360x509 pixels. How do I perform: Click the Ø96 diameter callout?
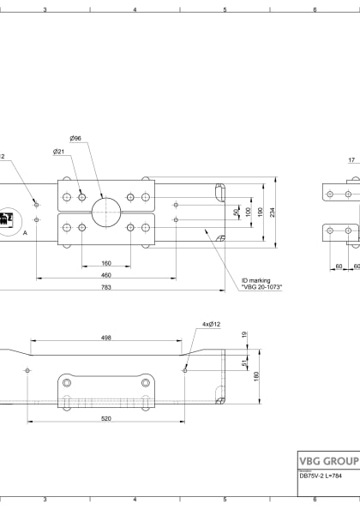click(75, 138)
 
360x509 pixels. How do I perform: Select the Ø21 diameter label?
click(58, 151)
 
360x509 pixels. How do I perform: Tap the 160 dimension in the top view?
click(106, 263)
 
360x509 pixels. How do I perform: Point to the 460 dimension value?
click(106, 275)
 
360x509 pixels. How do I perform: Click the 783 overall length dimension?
click(106, 288)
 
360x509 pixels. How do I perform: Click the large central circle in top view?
click(106, 212)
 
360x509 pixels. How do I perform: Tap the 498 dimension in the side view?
click(106, 338)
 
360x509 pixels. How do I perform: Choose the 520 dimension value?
click(106, 418)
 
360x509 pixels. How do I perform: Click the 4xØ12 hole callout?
click(211, 325)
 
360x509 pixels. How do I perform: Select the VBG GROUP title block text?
click(328, 460)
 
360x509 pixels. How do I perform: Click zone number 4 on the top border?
click(135, 9)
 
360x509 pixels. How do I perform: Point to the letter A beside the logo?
click(26, 232)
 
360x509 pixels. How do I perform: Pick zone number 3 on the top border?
click(45, 9)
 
